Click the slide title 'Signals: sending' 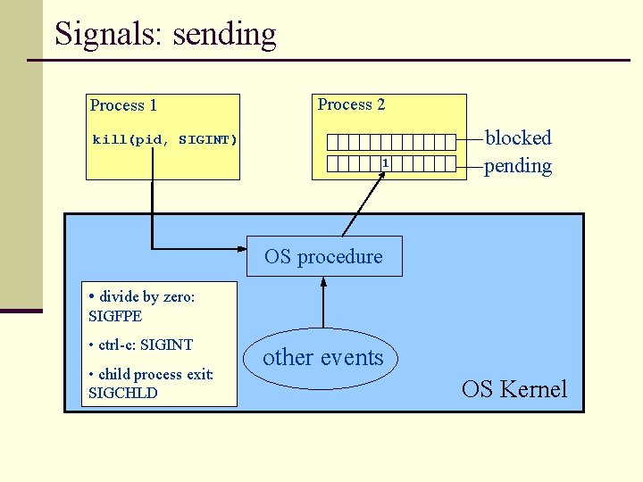(165, 34)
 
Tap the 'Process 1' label (123, 105)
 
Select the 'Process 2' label (351, 104)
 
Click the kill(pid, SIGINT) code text (165, 140)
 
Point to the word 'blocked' (518, 137)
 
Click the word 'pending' (518, 165)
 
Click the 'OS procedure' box (323, 256)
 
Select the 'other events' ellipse (323, 358)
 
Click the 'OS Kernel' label (514, 389)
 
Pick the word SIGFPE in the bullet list (115, 316)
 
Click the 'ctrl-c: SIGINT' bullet (141, 345)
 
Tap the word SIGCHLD (122, 393)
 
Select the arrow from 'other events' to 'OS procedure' (323, 303)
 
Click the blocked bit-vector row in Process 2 (391, 142)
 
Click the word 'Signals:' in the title (108, 34)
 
